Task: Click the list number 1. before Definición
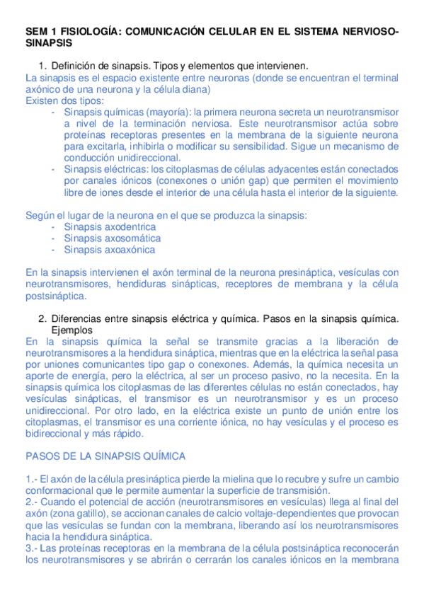coord(42,66)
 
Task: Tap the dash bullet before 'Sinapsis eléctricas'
coord(55,169)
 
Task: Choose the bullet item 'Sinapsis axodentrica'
coord(110,226)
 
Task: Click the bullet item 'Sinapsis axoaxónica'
coord(110,249)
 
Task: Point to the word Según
coord(40,215)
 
